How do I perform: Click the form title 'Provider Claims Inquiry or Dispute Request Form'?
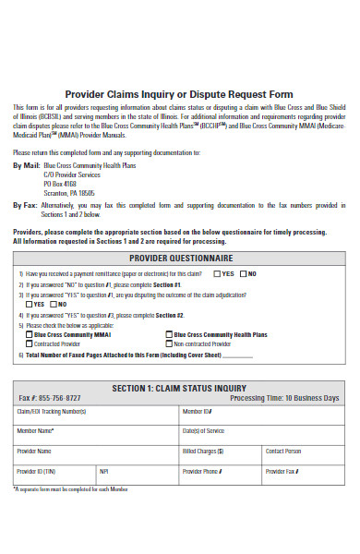(x=179, y=94)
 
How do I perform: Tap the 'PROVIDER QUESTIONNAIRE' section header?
(x=180, y=258)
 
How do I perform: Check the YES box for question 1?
(x=216, y=274)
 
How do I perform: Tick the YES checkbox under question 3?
(x=30, y=304)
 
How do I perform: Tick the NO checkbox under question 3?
(x=54, y=304)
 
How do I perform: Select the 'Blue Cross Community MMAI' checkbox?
(x=29, y=334)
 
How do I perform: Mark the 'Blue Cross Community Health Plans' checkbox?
(x=168, y=334)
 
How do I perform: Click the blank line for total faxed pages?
(x=237, y=355)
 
